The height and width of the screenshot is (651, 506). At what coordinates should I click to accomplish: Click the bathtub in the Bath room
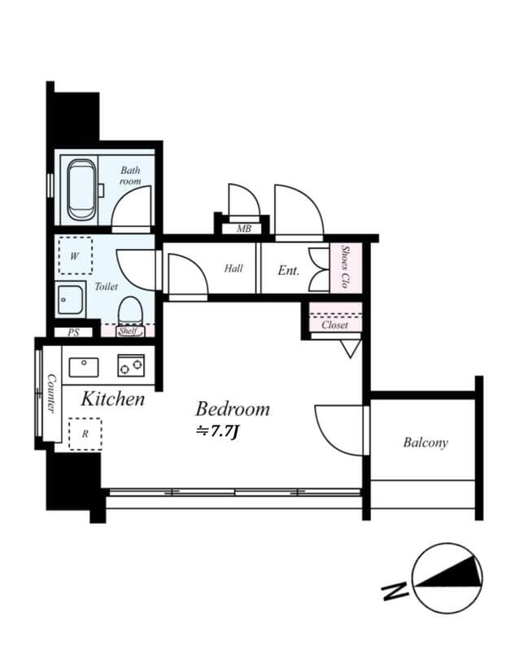point(81,190)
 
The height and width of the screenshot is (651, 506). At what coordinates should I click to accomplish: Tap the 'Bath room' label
point(130,176)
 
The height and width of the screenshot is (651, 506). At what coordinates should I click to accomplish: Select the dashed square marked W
point(75,256)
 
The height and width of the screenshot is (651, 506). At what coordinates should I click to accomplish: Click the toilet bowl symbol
point(129,311)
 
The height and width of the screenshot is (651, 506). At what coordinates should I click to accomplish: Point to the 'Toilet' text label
point(107,287)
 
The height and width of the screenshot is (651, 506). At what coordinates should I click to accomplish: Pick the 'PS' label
point(73,332)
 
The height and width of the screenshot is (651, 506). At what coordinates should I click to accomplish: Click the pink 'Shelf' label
point(128,331)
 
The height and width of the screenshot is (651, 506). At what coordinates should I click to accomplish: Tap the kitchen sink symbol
point(83,367)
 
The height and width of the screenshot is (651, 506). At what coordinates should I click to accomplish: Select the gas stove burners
point(130,365)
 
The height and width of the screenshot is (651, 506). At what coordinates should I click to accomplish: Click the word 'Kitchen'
point(112,399)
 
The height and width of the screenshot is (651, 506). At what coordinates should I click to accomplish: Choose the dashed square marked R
point(85,434)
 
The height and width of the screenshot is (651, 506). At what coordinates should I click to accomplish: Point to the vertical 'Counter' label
point(50,393)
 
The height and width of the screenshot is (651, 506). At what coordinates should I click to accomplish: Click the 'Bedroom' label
point(232,409)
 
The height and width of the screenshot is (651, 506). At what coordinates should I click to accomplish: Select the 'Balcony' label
point(425,443)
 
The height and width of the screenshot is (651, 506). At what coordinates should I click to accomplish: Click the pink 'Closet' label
point(334,325)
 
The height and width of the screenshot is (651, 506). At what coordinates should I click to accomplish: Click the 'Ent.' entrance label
point(289,270)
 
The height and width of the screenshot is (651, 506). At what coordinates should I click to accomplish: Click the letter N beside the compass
point(395,589)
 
